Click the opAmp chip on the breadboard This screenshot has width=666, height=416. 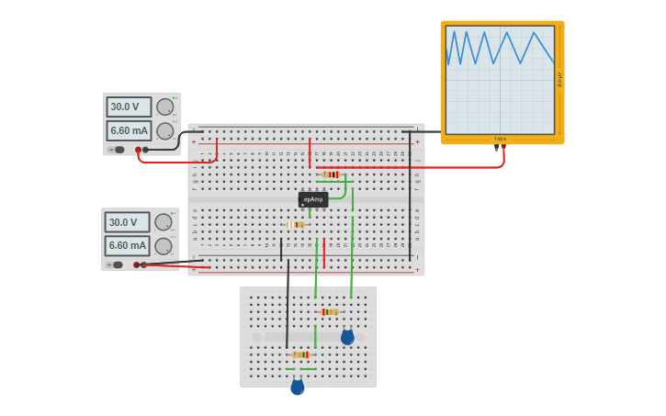tap(313, 199)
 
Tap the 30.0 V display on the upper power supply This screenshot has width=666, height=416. tap(129, 107)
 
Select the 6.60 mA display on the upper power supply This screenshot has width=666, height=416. tap(129, 130)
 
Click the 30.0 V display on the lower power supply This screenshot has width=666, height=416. tap(127, 222)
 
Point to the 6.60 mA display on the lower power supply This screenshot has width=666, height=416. tap(127, 245)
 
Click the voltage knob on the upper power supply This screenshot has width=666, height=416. tap(165, 107)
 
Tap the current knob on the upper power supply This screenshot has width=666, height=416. tap(165, 130)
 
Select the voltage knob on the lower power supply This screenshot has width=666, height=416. tap(164, 222)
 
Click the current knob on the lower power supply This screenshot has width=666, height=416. tap(164, 245)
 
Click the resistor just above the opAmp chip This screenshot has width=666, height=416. tap(331, 174)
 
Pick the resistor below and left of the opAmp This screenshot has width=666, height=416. tap(295, 224)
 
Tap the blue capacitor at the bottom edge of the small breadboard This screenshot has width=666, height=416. tap(297, 388)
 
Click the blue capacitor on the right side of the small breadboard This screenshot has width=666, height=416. tap(347, 338)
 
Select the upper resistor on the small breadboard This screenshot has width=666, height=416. tap(329, 312)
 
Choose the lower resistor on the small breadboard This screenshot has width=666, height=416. tap(300, 354)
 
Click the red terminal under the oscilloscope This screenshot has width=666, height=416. tap(503, 146)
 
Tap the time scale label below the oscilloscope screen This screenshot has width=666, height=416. tap(500, 139)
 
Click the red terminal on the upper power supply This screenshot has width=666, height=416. tap(139, 150)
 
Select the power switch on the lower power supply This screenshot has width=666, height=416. tap(118, 264)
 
